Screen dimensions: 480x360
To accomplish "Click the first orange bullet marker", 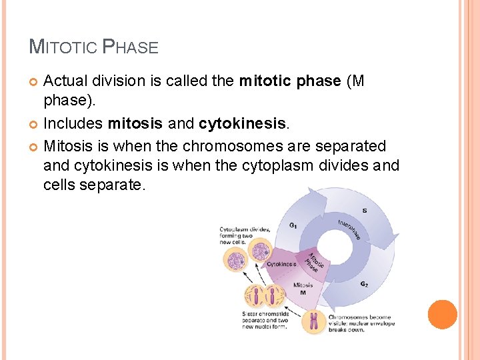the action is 35,81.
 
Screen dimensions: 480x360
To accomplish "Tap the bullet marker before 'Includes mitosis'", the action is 35,124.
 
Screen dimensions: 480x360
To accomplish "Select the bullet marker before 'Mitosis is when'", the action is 35,146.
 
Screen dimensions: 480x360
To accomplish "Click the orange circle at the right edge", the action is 442,315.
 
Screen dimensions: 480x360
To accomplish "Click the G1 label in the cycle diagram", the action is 293,225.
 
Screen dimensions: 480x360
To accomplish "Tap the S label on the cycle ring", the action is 364,211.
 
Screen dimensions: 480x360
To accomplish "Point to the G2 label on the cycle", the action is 363,284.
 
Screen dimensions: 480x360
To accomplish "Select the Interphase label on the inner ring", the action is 349,229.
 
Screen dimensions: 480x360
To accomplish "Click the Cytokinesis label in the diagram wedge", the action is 281,264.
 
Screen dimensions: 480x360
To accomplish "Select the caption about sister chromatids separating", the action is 265,320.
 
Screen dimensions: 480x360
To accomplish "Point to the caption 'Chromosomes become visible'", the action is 361,323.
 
